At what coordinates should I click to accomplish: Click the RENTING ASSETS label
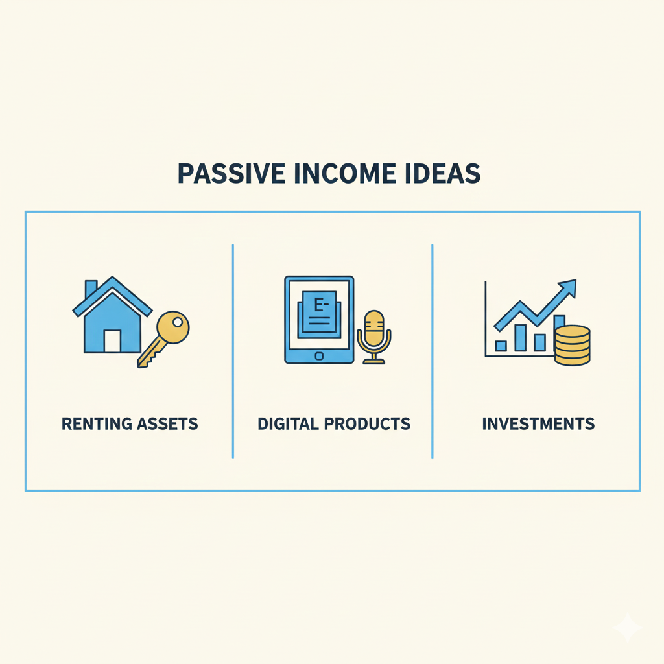pyautogui.click(x=130, y=424)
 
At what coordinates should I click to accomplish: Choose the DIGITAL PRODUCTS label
pyautogui.click(x=334, y=424)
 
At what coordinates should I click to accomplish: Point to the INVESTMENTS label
pyautogui.click(x=538, y=424)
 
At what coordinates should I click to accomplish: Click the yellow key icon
pyautogui.click(x=163, y=339)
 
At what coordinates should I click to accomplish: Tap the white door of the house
pyautogui.click(x=113, y=341)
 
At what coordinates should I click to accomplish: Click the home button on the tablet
pyautogui.click(x=319, y=356)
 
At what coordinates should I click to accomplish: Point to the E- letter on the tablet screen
pyautogui.click(x=320, y=305)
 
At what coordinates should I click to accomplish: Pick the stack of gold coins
pyautogui.click(x=572, y=345)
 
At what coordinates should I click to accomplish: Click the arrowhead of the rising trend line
pyautogui.click(x=568, y=287)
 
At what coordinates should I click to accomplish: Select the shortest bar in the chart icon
pyautogui.click(x=501, y=346)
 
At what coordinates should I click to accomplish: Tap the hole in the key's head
pyautogui.click(x=178, y=322)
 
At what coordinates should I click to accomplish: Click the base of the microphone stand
pyautogui.click(x=374, y=361)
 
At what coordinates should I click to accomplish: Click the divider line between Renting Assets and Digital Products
pyautogui.click(x=233, y=351)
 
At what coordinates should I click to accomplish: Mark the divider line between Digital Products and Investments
pyautogui.click(x=433, y=351)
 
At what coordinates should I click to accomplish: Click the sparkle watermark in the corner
pyautogui.click(x=627, y=627)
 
